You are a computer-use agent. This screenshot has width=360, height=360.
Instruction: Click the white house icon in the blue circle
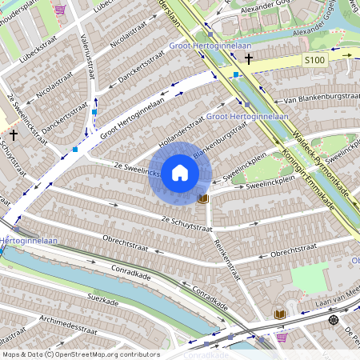point(180,173)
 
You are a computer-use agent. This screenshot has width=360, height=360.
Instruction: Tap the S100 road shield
point(314,60)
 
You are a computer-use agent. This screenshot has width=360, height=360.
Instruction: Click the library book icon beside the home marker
point(203,198)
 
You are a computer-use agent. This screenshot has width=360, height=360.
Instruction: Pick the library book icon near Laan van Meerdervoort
point(280,314)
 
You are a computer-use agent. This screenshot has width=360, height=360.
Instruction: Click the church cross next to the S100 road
point(249,58)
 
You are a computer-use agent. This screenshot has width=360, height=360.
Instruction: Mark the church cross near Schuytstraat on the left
point(14,136)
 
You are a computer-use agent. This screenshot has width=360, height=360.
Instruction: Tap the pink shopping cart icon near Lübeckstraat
point(59,10)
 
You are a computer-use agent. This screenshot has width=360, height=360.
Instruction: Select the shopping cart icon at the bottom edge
point(282,337)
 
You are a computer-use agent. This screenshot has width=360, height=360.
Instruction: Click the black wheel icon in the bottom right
point(333,320)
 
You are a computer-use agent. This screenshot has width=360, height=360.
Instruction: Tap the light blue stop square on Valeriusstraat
point(94,112)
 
